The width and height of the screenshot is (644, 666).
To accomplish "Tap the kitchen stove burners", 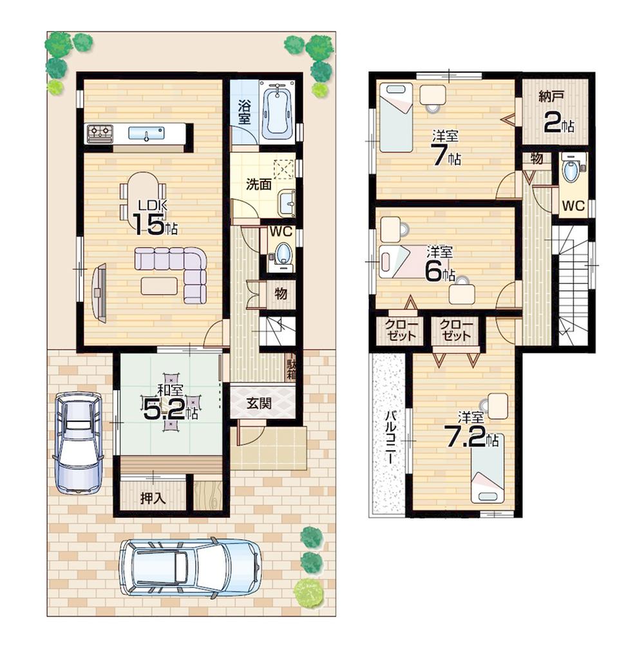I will tap(100, 133).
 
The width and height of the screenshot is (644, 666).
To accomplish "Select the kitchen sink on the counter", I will tap(146, 133).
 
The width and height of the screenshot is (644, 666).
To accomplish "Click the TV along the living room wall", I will tap(99, 293).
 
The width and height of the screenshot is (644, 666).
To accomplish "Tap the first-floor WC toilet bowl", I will tap(282, 252).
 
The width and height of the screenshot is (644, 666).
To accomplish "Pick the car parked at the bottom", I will tap(191, 567).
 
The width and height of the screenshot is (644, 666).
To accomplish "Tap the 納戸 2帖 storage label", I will tap(553, 113).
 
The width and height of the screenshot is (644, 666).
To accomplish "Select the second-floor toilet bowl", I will tap(571, 171).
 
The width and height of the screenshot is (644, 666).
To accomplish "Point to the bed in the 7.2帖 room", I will tap(488, 468).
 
